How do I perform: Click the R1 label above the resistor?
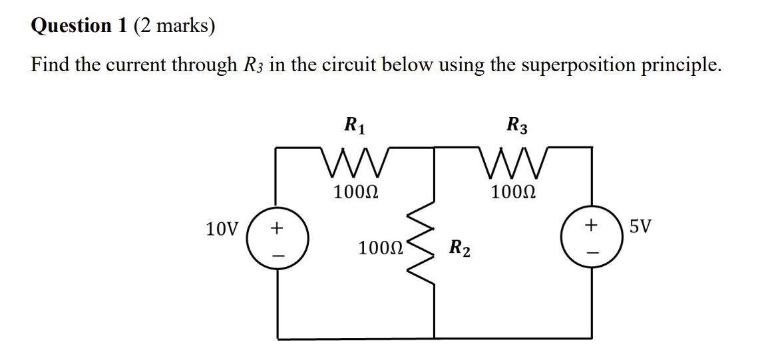tap(354, 124)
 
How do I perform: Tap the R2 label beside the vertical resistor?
tap(460, 250)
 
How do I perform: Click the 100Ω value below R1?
tap(355, 193)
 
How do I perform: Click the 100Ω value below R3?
tap(513, 193)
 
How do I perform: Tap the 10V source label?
tap(222, 230)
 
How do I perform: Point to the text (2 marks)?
tap(174, 26)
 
